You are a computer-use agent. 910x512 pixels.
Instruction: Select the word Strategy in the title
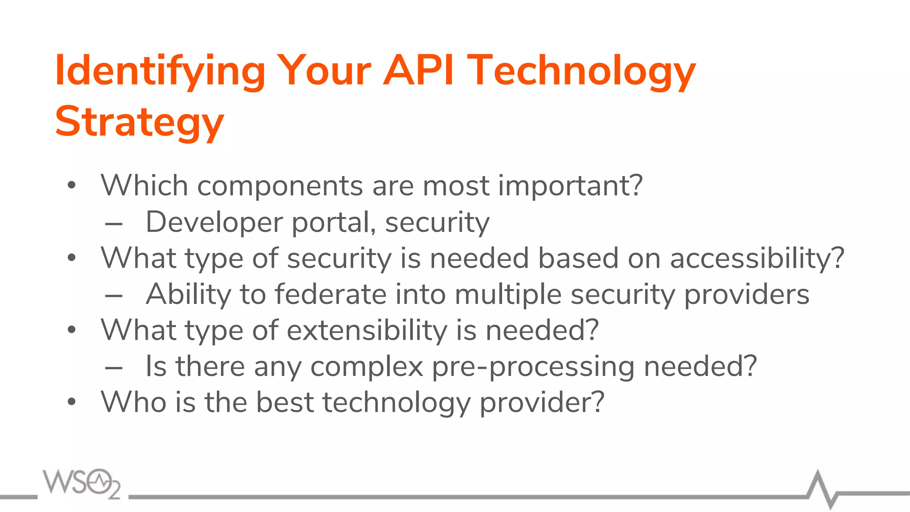click(139, 122)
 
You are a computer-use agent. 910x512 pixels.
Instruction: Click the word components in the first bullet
click(280, 185)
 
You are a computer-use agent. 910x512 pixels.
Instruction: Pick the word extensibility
click(367, 330)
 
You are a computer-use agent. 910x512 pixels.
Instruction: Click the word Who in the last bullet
click(133, 402)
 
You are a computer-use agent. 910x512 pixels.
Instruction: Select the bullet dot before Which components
click(72, 186)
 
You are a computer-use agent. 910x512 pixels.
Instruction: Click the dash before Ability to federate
click(114, 296)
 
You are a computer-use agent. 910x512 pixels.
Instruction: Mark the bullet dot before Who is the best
click(72, 403)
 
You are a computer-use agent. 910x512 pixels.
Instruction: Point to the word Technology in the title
click(582, 71)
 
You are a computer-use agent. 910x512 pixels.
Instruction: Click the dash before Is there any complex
click(114, 368)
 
